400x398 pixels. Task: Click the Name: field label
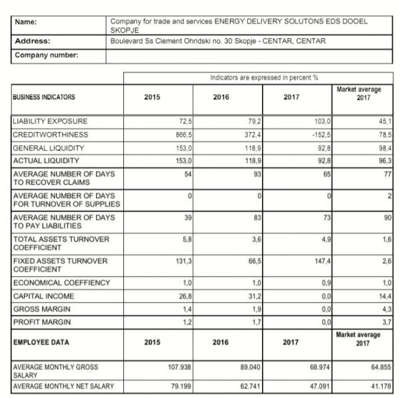pos(27,22)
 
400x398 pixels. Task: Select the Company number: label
pos(46,55)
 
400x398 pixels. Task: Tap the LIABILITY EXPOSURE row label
pos(51,122)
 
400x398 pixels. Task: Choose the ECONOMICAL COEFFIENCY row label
pos(62,283)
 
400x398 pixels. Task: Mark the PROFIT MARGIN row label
pos(43,323)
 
